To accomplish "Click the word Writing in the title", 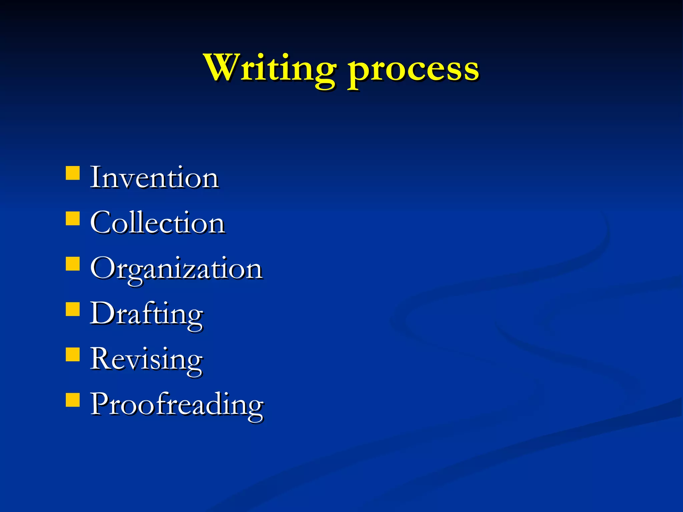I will pyautogui.click(x=270, y=68).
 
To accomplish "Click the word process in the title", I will pyautogui.click(x=414, y=70).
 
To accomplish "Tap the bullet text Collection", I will pyautogui.click(x=157, y=223).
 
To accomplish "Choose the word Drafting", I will pyautogui.click(x=146, y=314).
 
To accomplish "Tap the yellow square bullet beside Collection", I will pyautogui.click(x=73, y=219).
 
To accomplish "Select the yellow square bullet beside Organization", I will pyautogui.click(x=73, y=264).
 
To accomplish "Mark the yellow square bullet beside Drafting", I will pyautogui.click(x=73, y=309).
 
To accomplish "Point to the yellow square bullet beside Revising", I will pyautogui.click(x=73, y=354).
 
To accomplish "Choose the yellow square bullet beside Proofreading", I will pyautogui.click(x=73, y=400).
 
